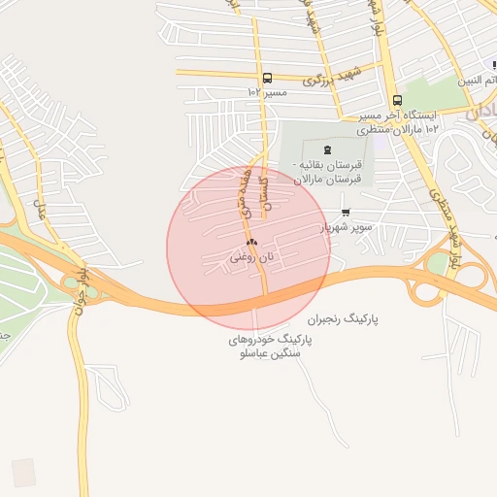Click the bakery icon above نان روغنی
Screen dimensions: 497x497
tap(251, 243)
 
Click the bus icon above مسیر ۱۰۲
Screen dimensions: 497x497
tap(267, 79)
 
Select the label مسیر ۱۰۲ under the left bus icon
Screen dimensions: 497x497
tap(268, 92)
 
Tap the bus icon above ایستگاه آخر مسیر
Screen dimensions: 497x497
tap(397, 100)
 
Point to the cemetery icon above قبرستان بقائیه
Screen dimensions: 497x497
tap(325, 149)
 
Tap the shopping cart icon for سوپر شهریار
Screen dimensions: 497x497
tap(346, 213)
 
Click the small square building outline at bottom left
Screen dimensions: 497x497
tap(23, 473)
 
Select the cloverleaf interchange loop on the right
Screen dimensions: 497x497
tap(424, 288)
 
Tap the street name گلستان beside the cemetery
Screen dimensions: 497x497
tap(273, 179)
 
